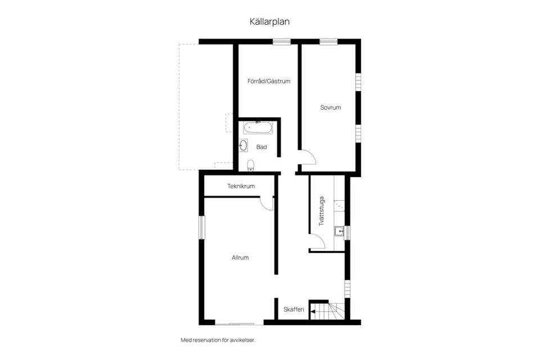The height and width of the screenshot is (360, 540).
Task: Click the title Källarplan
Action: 269,21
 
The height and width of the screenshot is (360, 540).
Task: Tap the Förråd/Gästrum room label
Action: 269,81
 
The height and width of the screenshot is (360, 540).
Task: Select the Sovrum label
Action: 330,107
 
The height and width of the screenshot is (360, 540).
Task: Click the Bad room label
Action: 262,147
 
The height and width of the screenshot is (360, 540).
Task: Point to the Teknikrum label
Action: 241,186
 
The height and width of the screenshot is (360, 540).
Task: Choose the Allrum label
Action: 240,258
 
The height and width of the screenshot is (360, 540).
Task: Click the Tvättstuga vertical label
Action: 322,211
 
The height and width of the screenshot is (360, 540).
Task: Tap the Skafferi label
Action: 294,309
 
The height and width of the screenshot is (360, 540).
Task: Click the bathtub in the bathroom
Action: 258,128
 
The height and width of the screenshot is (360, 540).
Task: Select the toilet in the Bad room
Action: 250,165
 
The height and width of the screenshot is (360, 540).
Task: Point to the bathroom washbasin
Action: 244,145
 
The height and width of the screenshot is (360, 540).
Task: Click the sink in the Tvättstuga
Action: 339,231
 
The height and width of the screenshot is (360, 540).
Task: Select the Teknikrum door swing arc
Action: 267,204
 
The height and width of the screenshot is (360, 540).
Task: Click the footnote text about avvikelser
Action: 221,340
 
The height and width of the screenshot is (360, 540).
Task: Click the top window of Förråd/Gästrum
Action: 281,42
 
